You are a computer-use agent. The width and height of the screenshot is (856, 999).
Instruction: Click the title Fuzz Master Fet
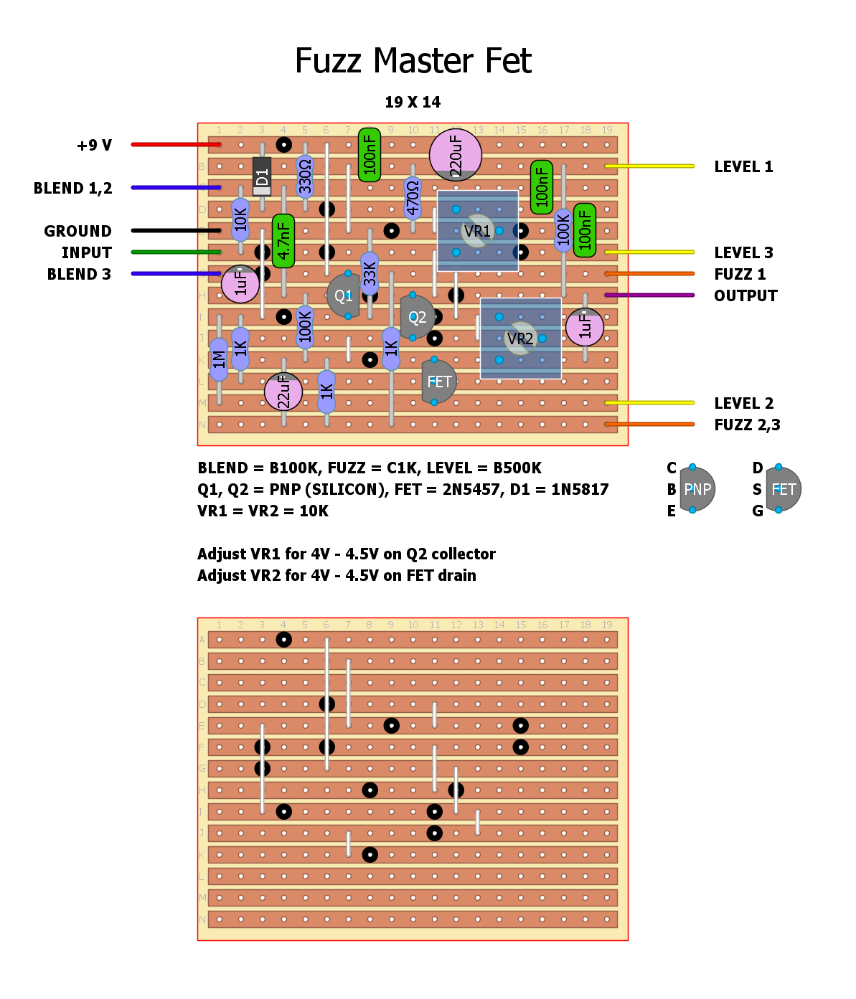coord(413,61)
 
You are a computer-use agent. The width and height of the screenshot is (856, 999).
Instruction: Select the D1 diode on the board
coord(262,176)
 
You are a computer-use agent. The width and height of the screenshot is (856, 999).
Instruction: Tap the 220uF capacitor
coord(455,154)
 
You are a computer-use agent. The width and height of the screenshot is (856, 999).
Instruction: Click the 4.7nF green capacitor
coord(283,240)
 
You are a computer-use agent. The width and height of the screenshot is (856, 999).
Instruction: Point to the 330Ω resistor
coord(305,176)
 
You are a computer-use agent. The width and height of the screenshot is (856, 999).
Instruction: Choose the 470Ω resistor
coord(413,198)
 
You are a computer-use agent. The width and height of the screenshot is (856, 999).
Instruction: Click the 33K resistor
coord(370,273)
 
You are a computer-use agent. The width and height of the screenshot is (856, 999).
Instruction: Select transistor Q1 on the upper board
coord(343,295)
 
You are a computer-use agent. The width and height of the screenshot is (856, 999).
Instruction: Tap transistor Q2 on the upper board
coord(416,317)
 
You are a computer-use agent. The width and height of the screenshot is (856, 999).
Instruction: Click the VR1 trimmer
coord(477,231)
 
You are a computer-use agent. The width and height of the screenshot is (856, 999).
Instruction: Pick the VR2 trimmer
coord(520,338)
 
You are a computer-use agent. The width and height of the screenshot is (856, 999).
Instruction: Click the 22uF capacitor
coord(283,392)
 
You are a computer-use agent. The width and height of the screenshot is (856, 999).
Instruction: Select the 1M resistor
coord(219,359)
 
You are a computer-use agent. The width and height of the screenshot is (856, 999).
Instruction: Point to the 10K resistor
coord(240,219)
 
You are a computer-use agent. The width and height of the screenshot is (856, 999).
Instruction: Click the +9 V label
coord(94,146)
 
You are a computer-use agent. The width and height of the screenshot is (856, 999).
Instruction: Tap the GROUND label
coord(77,231)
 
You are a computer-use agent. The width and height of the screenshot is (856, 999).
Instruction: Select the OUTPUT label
coord(746,295)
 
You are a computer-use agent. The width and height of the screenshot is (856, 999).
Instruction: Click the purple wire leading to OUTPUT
coord(649,295)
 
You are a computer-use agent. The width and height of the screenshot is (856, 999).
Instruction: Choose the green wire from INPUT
coord(176,252)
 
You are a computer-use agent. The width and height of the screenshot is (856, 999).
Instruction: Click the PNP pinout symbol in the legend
coord(697,489)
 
